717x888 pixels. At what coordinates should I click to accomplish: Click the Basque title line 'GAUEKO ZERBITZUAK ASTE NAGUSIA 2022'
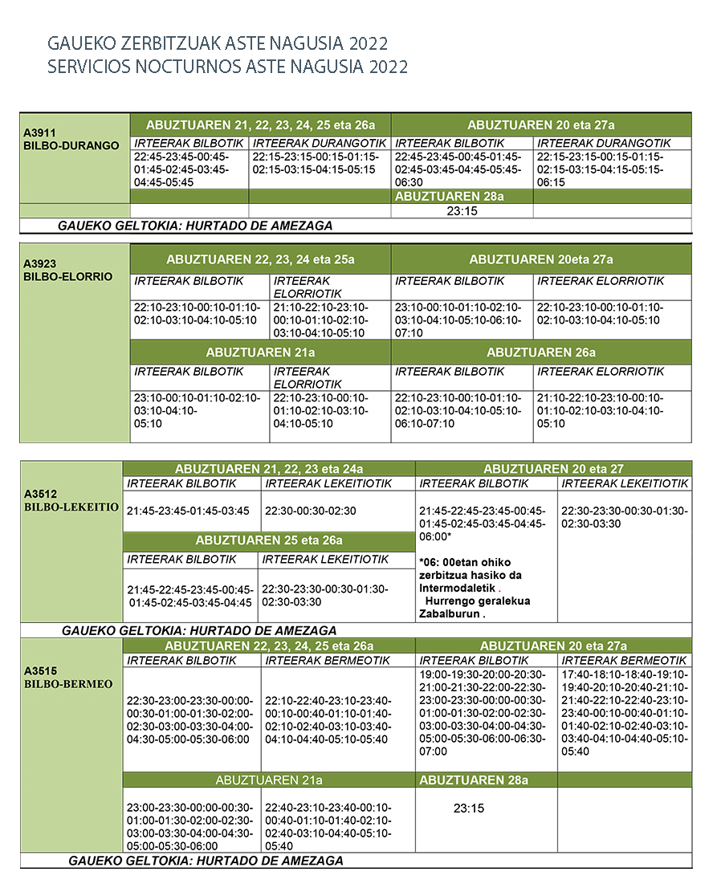[x=218, y=43]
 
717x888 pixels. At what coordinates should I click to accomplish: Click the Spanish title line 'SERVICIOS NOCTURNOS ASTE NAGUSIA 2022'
[x=227, y=67]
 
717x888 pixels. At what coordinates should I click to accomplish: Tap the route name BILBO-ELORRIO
[x=67, y=277]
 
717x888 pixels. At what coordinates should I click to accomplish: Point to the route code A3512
[x=42, y=494]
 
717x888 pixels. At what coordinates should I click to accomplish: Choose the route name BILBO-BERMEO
[x=68, y=684]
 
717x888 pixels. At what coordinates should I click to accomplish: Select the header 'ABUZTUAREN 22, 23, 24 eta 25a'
[x=260, y=259]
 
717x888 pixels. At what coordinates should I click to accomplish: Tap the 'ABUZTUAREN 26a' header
[x=541, y=352]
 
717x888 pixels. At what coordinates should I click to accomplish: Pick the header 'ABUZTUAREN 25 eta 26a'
[x=269, y=540]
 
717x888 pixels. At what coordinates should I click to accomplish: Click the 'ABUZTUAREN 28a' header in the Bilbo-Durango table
[x=450, y=196]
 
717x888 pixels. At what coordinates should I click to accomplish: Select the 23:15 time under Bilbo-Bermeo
[x=469, y=809]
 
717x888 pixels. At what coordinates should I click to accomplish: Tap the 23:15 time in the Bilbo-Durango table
[x=462, y=210]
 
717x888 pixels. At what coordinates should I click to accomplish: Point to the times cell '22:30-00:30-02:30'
[x=310, y=511]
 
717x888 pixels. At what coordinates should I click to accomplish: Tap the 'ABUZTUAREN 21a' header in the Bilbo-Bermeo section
[x=268, y=780]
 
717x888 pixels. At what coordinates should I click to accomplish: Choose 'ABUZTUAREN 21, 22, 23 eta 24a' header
[x=269, y=469]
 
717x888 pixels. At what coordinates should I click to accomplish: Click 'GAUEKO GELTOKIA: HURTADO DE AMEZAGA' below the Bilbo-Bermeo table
[x=206, y=861]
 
